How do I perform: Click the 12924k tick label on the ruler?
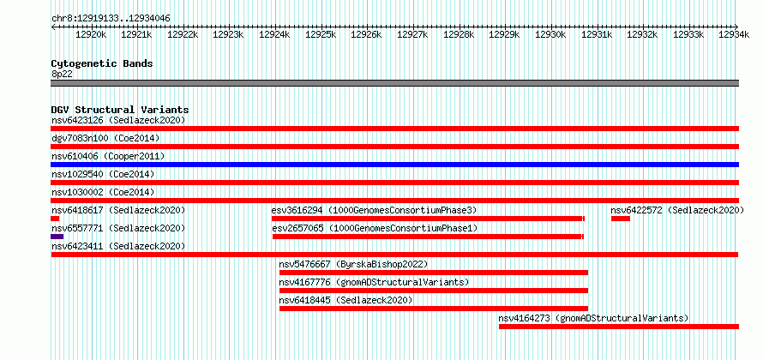[x=274, y=34]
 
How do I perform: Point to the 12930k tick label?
[x=551, y=34]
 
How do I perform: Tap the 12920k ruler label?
[x=91, y=34]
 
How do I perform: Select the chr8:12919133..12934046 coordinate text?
[x=111, y=19]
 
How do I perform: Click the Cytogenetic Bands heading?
[x=102, y=63]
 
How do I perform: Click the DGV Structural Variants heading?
[x=120, y=110]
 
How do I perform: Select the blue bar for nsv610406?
[x=394, y=165]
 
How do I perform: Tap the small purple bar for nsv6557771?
[x=57, y=237]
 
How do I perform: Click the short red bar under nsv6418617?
[x=55, y=219]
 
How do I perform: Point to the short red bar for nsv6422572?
[x=621, y=219]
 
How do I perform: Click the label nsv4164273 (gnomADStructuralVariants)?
[x=593, y=319]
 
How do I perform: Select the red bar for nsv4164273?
[x=619, y=327]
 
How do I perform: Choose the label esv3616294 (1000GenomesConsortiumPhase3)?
[x=374, y=210]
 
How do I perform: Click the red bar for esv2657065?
[x=428, y=237]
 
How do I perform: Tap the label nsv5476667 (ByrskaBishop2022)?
[x=353, y=265]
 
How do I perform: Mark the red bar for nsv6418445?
[x=434, y=309]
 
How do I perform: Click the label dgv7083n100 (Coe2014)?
[x=105, y=139]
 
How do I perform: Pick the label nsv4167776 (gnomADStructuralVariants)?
[x=374, y=283]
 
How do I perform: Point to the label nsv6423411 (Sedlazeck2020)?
[x=118, y=247]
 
